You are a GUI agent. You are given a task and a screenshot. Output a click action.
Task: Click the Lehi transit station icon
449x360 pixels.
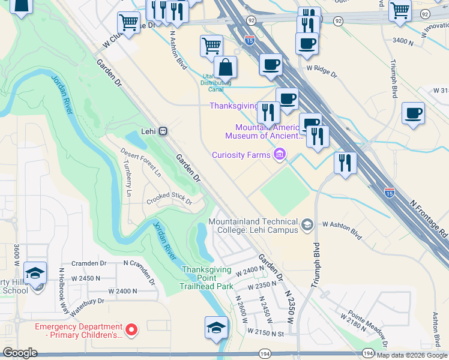coord(163,131)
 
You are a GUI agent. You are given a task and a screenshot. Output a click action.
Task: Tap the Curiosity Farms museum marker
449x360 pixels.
coord(279,155)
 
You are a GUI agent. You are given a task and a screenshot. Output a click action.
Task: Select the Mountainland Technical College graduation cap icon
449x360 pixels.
coord(307,225)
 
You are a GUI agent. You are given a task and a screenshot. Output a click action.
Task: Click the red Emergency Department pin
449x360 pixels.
coord(131,329)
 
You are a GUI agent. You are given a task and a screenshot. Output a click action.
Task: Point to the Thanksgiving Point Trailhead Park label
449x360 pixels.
coord(206,278)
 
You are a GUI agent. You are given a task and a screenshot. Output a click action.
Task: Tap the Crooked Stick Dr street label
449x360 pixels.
coord(169,199)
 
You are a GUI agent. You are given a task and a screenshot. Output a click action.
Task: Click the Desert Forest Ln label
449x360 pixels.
coord(141,162)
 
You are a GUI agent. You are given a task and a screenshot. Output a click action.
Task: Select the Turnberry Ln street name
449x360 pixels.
coord(127,178)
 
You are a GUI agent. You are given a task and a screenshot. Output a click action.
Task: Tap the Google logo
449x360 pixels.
coord(20,353)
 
